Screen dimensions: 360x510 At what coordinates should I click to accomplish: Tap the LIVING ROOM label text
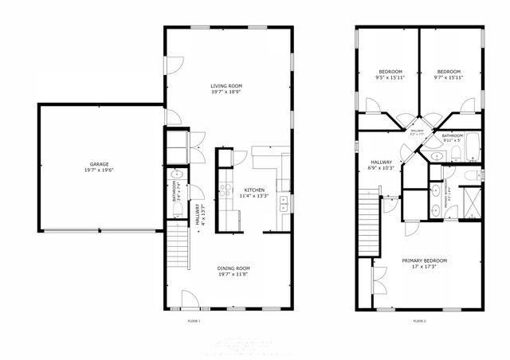(226, 88)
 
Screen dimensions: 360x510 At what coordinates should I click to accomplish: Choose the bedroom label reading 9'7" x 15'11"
(449, 74)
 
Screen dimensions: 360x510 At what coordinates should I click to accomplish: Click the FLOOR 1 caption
(194, 320)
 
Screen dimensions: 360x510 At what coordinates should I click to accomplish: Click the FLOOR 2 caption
(420, 320)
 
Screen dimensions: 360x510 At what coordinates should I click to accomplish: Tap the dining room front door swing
(190, 300)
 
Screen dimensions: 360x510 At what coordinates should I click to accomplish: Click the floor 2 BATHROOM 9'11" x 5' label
(452, 138)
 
